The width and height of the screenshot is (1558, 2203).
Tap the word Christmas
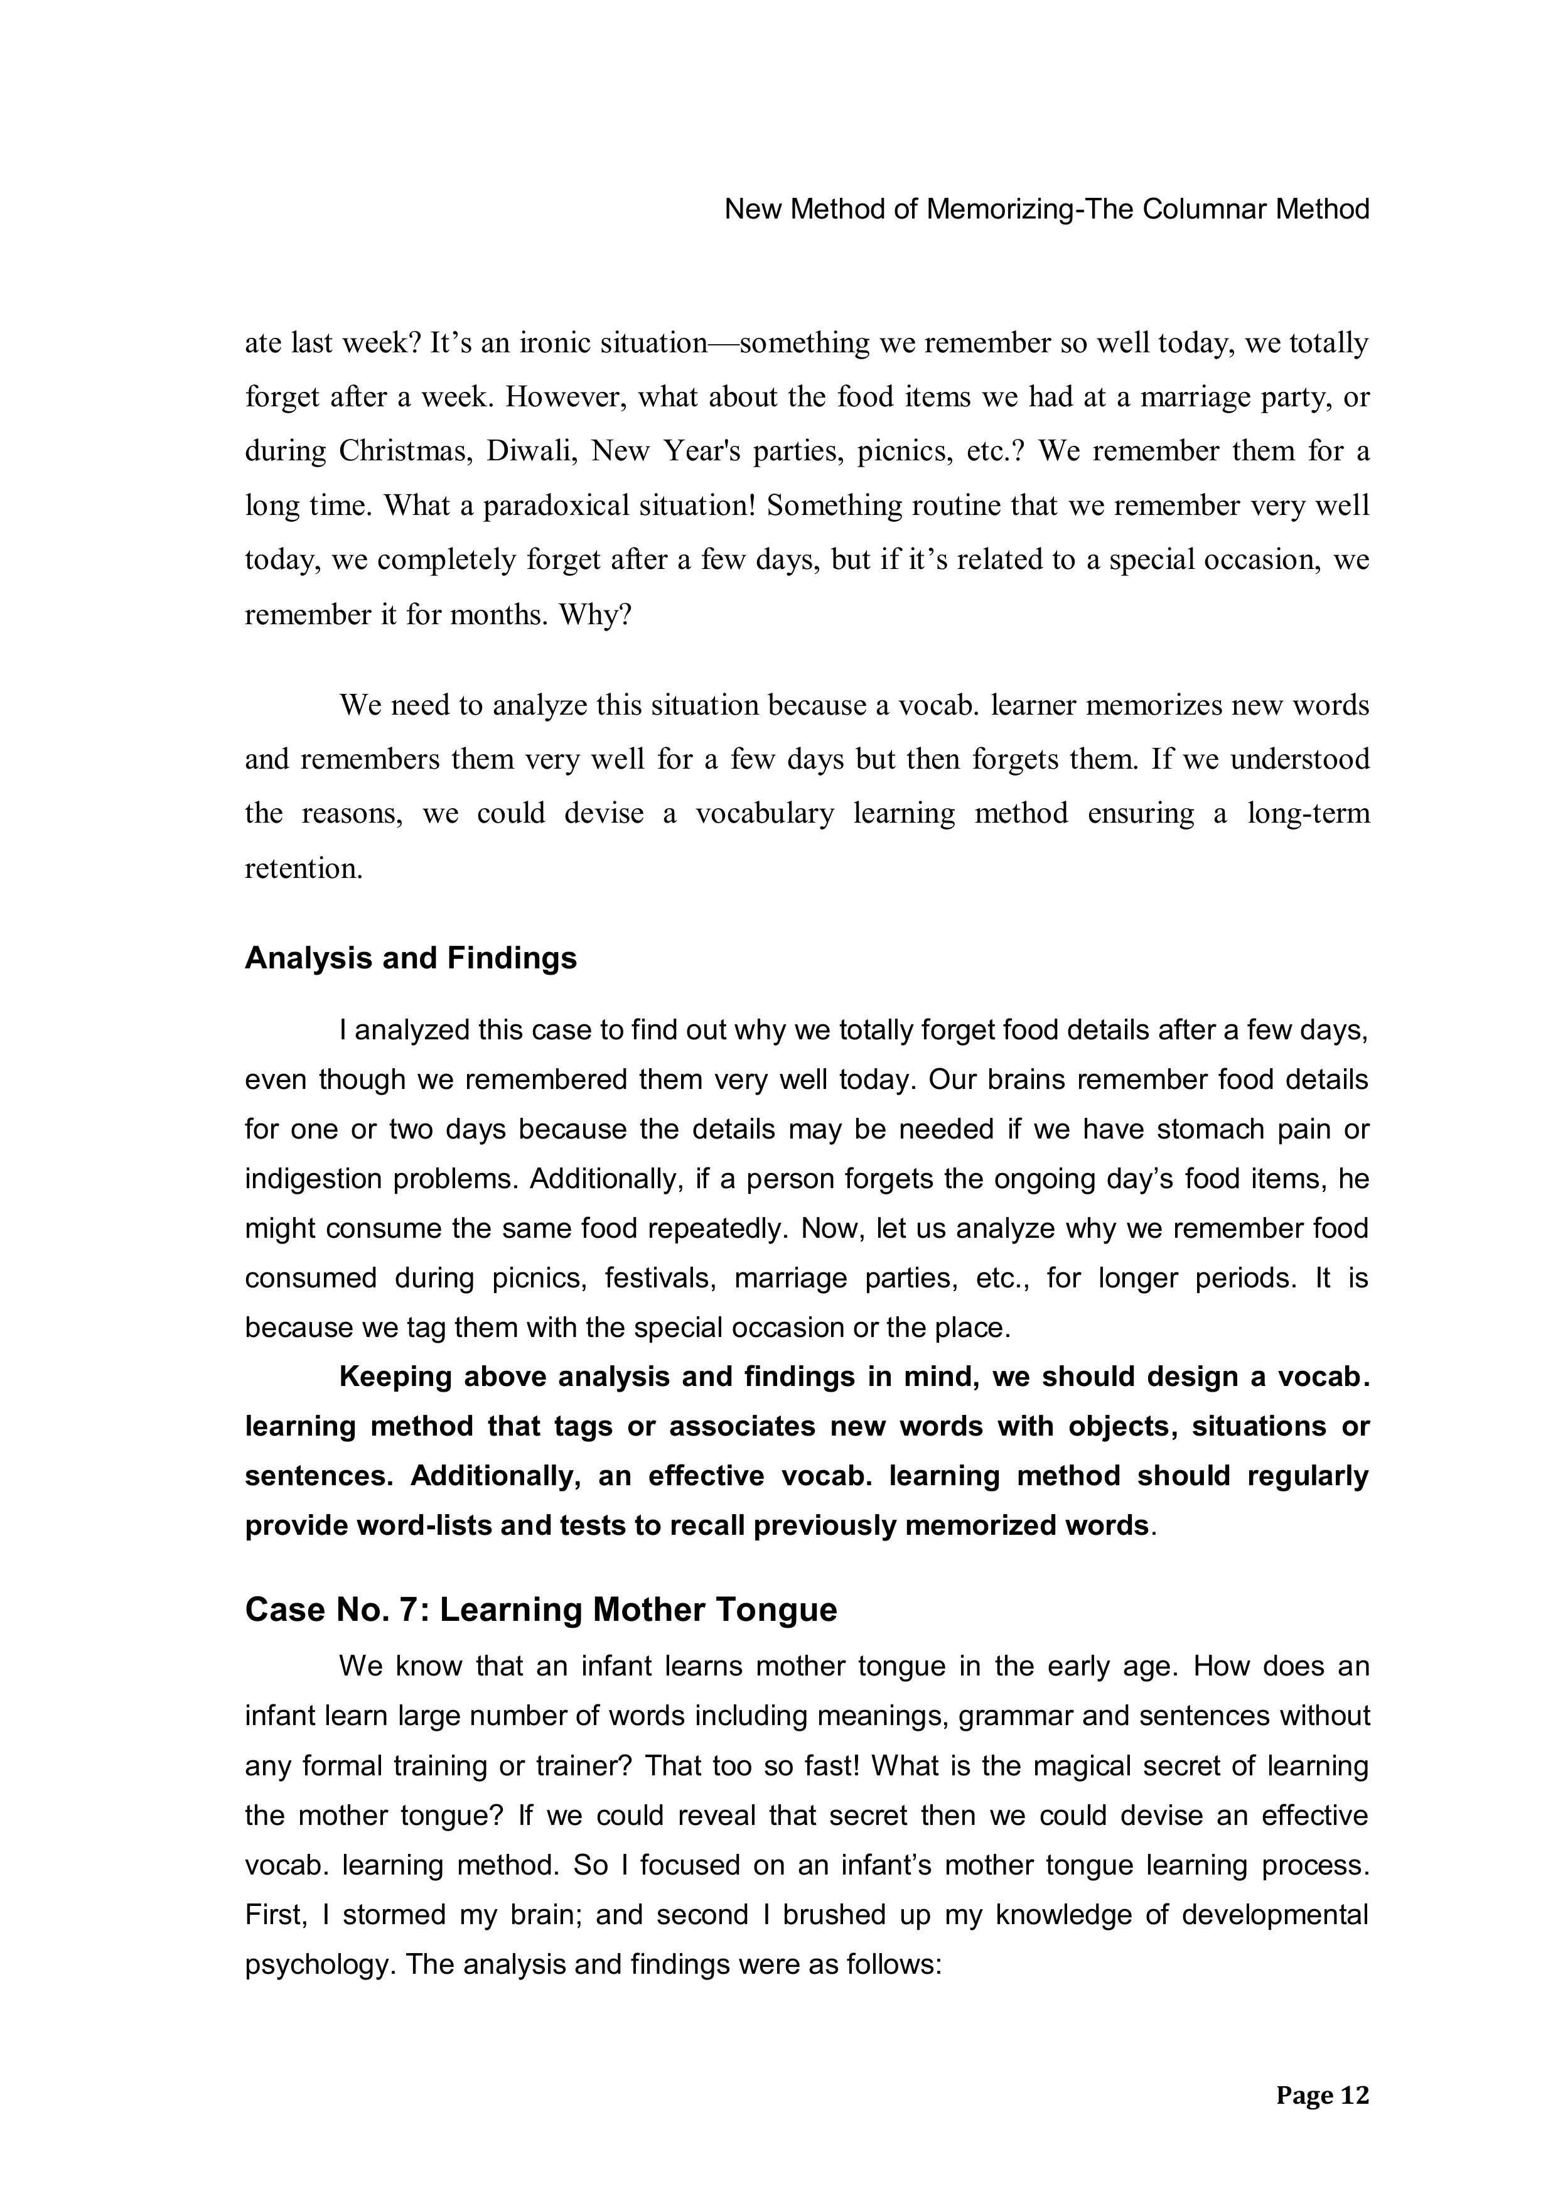coord(404,451)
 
